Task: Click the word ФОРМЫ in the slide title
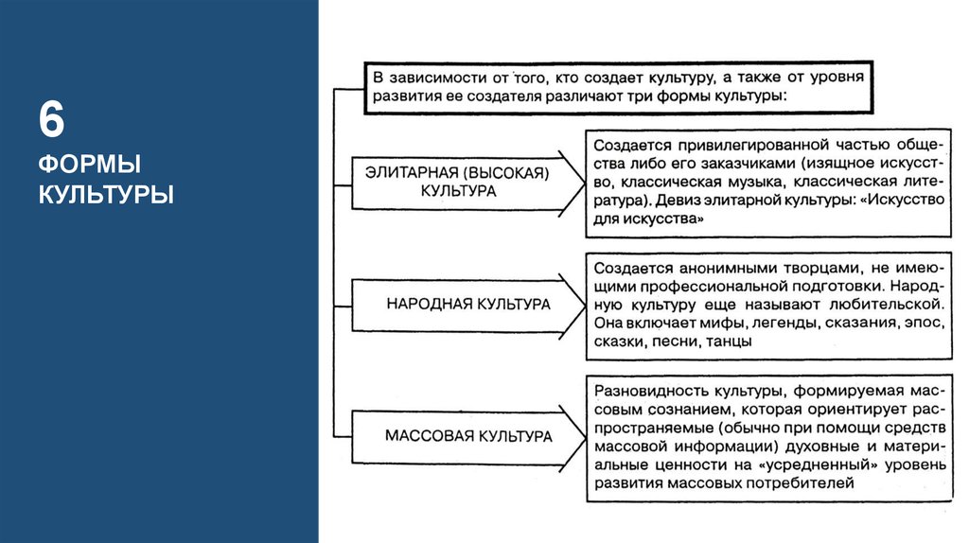pos(90,166)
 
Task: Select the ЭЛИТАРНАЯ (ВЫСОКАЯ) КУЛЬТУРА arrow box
pos(463,182)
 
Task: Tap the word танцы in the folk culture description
pos(728,342)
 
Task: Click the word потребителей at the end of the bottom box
pos(807,483)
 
